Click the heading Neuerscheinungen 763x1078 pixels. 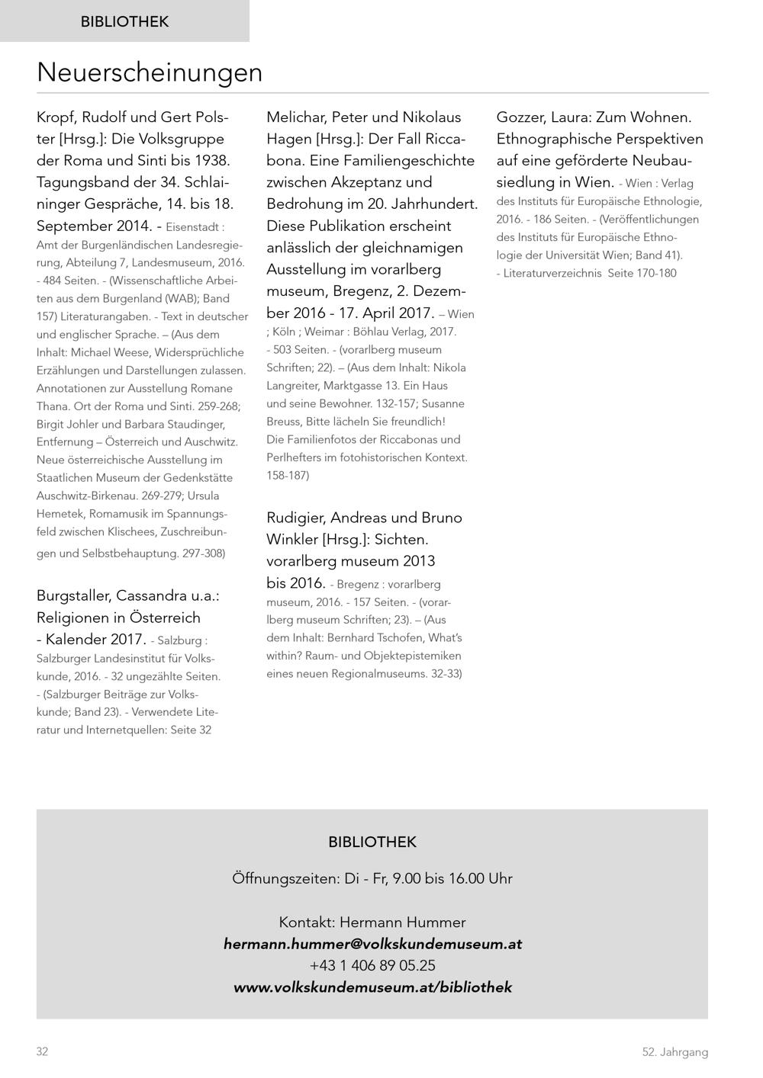(150, 72)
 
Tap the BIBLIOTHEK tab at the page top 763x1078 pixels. (124, 21)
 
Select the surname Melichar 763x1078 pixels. (296, 117)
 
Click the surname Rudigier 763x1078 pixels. (298, 518)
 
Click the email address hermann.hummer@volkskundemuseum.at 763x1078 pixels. (372, 944)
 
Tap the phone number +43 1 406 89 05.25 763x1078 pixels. (372, 965)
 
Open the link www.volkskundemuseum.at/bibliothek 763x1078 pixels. (372, 987)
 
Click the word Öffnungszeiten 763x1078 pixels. (285, 878)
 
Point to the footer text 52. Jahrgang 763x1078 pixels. (674, 1052)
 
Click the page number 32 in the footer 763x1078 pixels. (42, 1052)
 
